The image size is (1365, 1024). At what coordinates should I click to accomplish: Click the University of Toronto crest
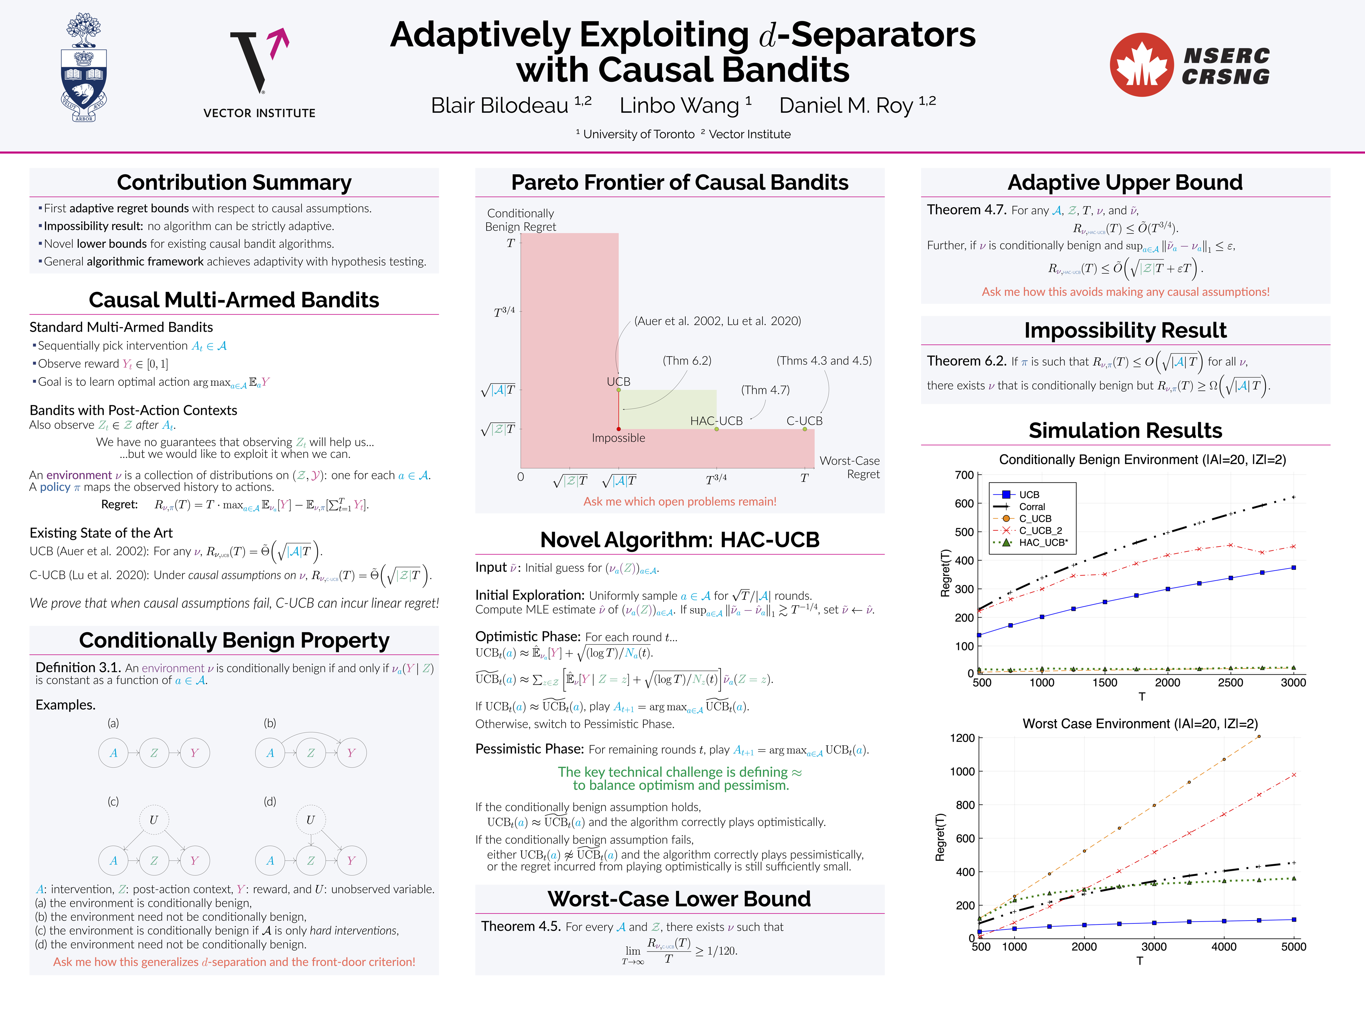[x=84, y=68]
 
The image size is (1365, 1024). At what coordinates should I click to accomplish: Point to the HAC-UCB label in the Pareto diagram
[x=716, y=421]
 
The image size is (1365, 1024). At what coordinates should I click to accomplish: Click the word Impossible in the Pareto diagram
[x=618, y=438]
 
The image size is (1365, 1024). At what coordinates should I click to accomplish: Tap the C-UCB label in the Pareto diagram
[x=804, y=421]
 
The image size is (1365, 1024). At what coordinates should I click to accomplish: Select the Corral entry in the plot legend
[x=1032, y=507]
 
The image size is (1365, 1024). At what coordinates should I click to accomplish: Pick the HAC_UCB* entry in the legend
[x=1043, y=543]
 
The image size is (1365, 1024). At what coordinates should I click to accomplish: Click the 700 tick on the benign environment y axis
[x=964, y=475]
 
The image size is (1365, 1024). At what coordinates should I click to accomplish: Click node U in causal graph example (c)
[x=154, y=820]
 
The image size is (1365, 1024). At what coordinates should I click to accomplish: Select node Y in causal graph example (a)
[x=194, y=753]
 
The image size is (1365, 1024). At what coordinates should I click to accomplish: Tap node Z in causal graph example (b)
[x=310, y=753]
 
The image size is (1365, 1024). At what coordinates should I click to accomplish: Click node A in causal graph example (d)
[x=270, y=860]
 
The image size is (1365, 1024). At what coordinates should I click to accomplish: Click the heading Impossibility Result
[x=1125, y=330]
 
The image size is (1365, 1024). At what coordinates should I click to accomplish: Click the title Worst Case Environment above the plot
[x=1140, y=724]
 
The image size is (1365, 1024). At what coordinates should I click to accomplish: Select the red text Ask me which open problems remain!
[x=679, y=501]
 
